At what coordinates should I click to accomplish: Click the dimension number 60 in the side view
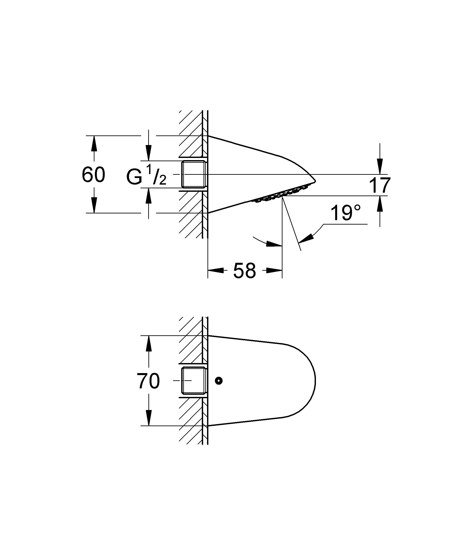[93, 175]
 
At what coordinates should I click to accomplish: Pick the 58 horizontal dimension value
[244, 270]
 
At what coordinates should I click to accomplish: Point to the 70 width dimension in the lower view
[148, 381]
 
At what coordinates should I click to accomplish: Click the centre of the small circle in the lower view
[219, 380]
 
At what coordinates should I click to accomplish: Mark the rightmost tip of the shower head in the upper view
[315, 181]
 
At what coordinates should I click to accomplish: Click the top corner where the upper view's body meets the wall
[208, 136]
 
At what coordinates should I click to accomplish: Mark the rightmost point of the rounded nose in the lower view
[315, 381]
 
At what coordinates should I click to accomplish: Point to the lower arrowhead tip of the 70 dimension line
[149, 426]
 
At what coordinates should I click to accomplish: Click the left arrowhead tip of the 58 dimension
[208, 270]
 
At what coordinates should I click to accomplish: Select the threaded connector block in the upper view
[193, 174]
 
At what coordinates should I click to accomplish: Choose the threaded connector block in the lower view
[193, 380]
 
